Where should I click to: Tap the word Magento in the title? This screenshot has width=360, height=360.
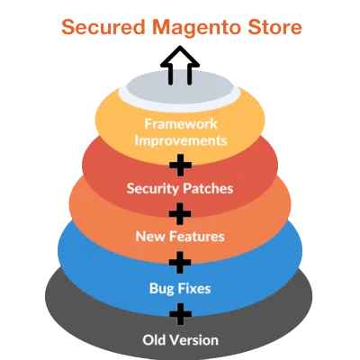tap(192, 28)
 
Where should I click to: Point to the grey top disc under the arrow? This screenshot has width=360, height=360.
tap(180, 93)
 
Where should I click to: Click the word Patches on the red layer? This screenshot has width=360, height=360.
tap(209, 190)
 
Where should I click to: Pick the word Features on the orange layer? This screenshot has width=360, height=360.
tap(195, 238)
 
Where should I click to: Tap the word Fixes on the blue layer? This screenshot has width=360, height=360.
tap(196, 288)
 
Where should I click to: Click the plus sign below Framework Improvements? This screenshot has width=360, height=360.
tap(181, 165)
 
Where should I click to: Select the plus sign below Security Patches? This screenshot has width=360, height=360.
tap(181, 213)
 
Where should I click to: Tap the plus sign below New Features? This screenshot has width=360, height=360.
tap(181, 263)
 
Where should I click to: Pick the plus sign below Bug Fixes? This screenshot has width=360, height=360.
tap(181, 314)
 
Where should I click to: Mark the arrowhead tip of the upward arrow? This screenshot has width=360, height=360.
tap(180, 49)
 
